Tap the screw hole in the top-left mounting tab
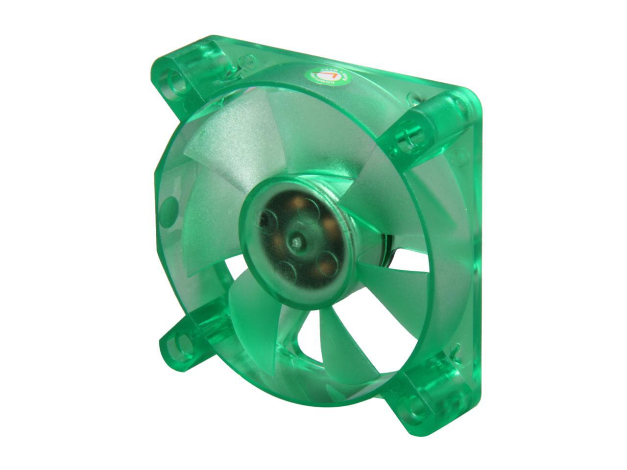coord(177,81)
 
